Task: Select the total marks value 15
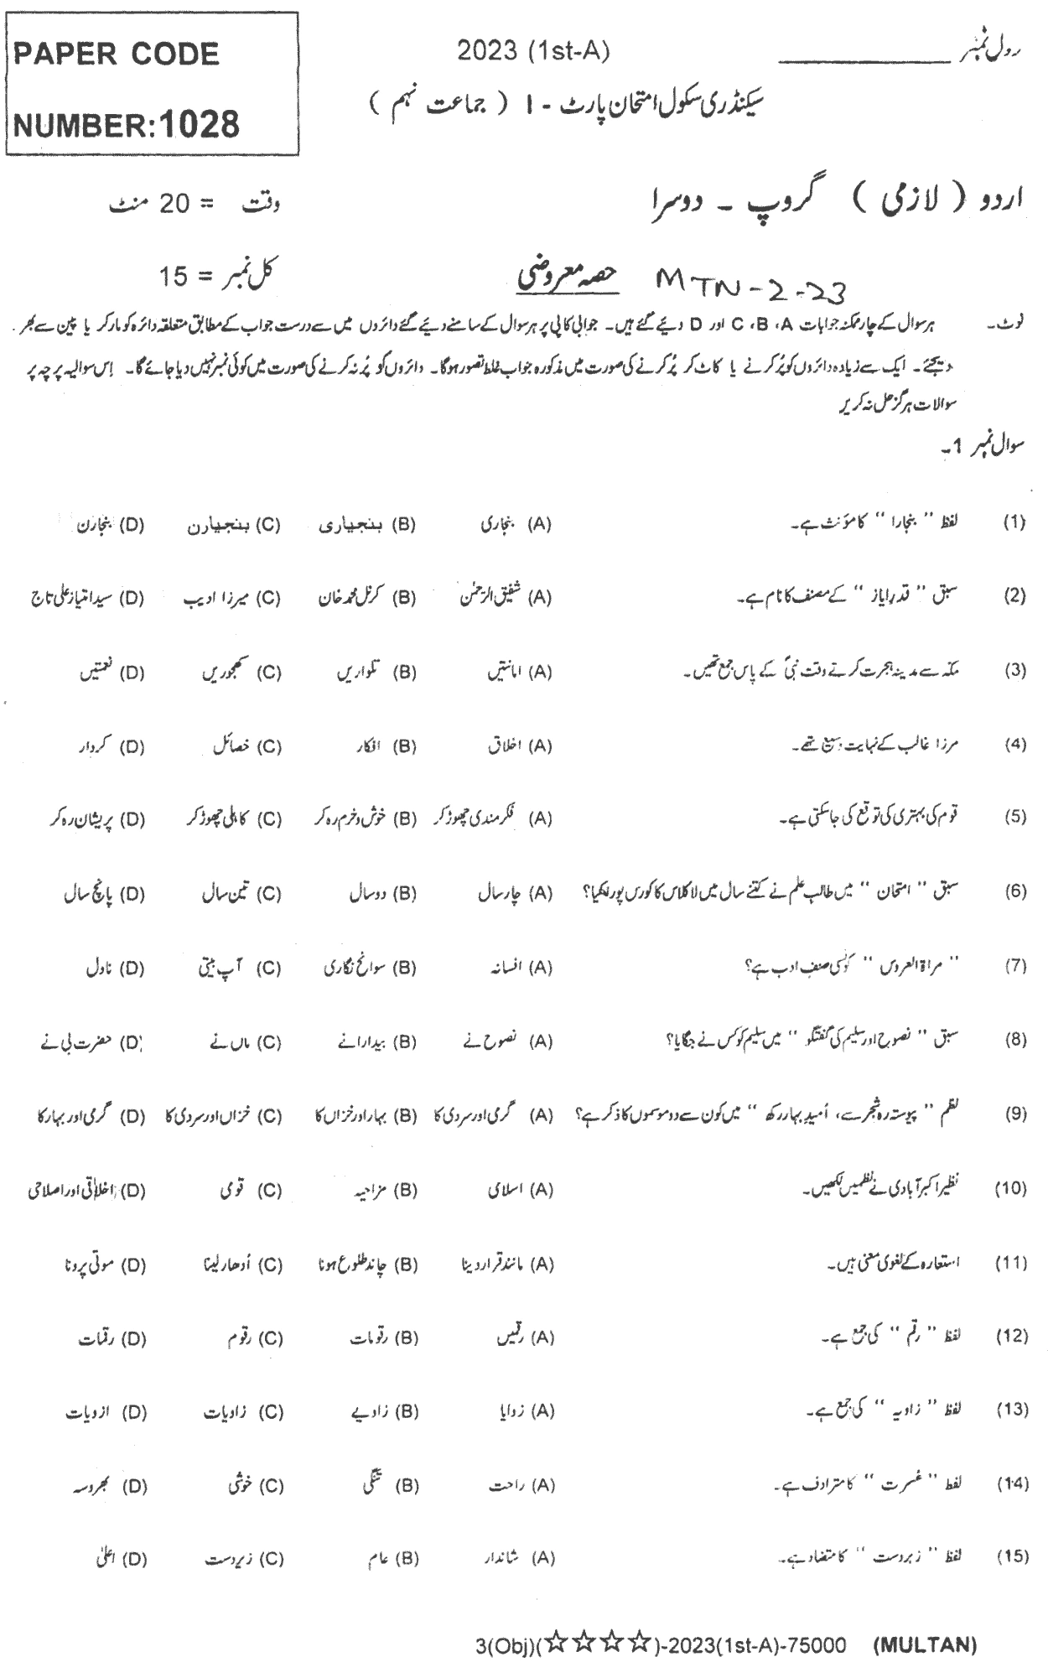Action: point(175,276)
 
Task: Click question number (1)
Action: point(1014,523)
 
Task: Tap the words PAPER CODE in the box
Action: point(114,55)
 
